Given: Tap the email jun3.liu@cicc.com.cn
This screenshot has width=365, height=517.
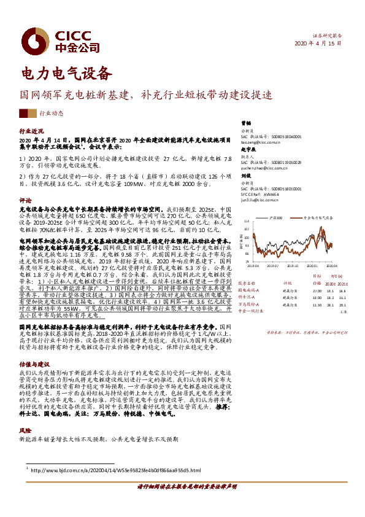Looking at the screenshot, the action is pos(261,200).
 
